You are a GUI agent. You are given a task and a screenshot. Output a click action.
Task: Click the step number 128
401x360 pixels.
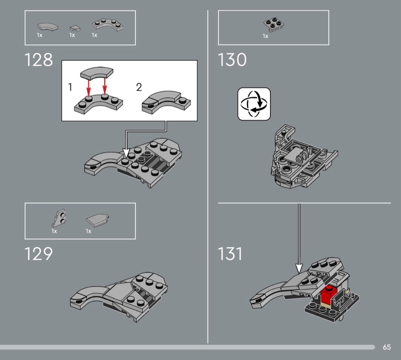click(x=39, y=60)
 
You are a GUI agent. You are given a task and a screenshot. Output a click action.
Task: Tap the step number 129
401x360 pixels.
click(x=39, y=254)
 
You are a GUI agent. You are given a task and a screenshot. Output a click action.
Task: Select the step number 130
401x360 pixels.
click(x=232, y=60)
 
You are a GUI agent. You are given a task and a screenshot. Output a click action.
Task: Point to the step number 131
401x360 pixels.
click(x=230, y=254)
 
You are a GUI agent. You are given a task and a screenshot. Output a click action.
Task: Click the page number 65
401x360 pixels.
click(x=386, y=347)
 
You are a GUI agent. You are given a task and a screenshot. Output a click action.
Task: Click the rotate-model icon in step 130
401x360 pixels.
click(x=254, y=104)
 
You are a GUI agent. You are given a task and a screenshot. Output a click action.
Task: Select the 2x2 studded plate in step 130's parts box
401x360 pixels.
click(x=274, y=25)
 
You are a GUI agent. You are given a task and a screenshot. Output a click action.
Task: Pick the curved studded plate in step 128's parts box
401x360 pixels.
click(x=108, y=25)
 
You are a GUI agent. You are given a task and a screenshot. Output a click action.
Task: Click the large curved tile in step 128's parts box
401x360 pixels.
click(x=47, y=27)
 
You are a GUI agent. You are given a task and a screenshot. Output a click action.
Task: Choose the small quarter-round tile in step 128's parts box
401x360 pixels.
click(x=75, y=28)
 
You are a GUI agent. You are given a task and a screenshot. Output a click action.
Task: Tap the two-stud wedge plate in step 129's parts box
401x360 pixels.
click(x=59, y=218)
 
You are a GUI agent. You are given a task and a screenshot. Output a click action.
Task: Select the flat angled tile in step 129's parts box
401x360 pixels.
click(x=97, y=220)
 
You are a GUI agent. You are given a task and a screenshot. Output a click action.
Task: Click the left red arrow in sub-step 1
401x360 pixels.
click(x=88, y=88)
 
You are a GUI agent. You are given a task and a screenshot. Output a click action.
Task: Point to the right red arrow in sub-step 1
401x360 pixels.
click(x=104, y=86)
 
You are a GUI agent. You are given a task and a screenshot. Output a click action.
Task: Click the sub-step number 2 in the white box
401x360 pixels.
click(x=139, y=87)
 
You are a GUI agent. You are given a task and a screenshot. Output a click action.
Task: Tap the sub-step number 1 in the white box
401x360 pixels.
click(x=70, y=87)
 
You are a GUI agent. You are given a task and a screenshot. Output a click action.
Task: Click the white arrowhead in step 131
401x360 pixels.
click(x=299, y=268)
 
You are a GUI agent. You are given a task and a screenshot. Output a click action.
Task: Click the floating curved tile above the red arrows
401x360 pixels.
click(x=97, y=73)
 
